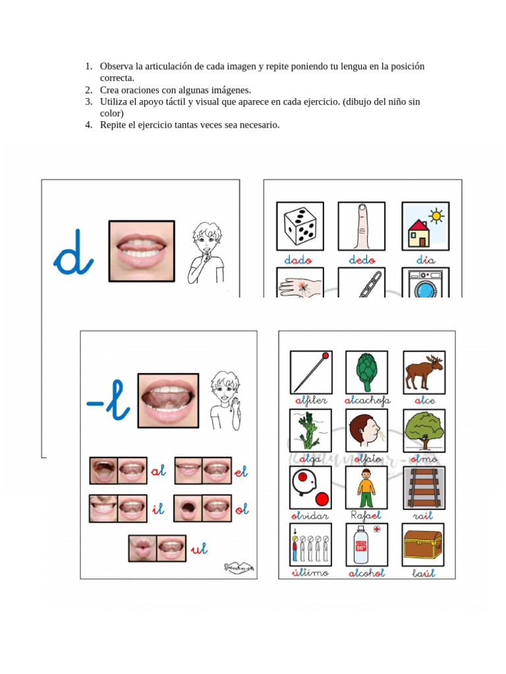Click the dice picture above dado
coord(300,226)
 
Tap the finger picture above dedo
coord(362,226)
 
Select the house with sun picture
coord(425,226)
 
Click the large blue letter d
coord(72,253)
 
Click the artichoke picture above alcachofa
coord(366,372)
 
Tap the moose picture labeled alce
coord(424,372)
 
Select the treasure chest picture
coord(424,544)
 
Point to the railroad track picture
coord(424,488)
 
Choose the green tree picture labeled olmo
coord(424,430)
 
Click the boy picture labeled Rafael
coord(366,488)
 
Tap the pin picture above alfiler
coord(310,372)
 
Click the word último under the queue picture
coord(310,573)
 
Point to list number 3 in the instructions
coord(88,102)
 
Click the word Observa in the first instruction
coord(117,66)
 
